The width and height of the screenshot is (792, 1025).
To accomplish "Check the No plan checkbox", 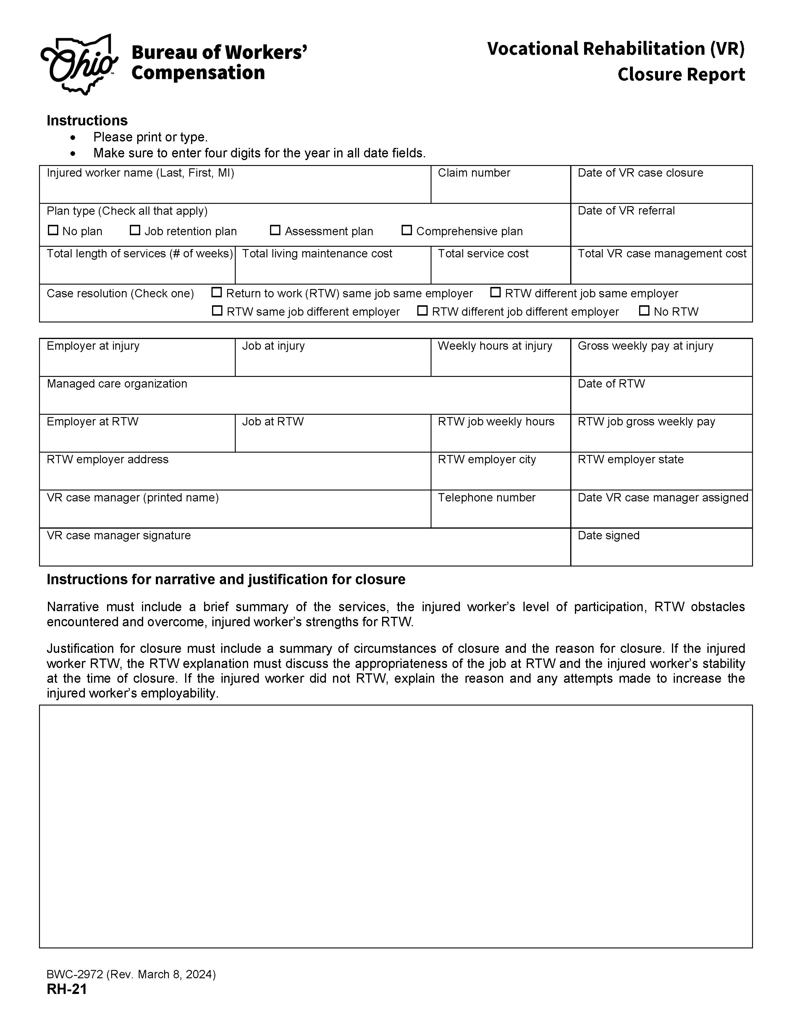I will point(53,230).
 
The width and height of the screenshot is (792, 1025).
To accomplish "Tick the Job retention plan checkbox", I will point(135,230).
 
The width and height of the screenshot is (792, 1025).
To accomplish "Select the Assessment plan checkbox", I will point(275,230).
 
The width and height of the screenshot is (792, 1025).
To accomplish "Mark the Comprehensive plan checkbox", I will point(407,230).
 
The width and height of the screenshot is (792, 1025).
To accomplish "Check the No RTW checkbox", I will point(644,311).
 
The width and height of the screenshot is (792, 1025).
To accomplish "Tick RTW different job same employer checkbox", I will point(495,292).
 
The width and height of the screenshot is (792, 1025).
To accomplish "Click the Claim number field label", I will point(474,173).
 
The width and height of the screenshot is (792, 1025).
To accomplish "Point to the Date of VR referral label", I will point(626,211).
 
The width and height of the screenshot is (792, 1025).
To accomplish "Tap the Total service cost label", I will point(483,254).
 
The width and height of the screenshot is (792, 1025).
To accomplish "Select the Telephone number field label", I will point(486,498).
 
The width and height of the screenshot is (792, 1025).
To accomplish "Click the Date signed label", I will point(609,535).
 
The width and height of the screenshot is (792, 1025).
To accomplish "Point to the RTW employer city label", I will point(486,459).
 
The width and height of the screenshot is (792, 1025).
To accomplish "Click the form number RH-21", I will point(67,989).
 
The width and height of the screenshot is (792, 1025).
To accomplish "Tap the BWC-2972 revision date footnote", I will point(131,974).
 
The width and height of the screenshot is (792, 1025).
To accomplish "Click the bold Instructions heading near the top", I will point(87,121).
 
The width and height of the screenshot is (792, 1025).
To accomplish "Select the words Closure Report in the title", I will point(681,75).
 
